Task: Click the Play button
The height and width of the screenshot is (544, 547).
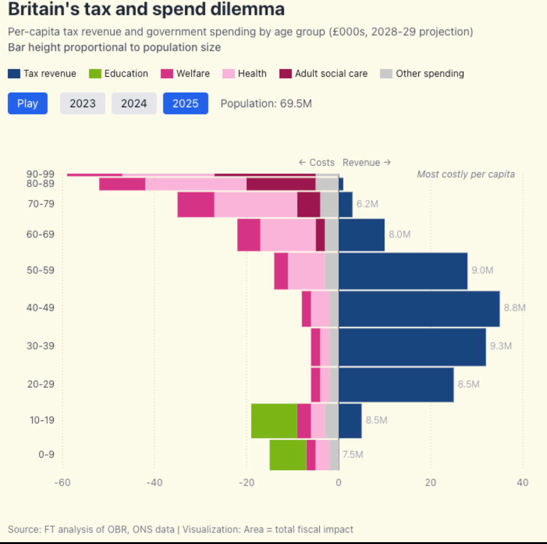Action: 28,103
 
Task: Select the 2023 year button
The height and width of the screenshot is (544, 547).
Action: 82,103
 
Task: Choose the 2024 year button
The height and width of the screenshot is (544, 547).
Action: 134,103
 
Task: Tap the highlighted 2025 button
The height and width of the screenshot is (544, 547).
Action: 185,103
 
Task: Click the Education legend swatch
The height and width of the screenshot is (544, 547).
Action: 95,74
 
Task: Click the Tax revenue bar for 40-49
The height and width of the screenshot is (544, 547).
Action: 419,309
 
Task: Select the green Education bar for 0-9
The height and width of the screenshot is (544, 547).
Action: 288,455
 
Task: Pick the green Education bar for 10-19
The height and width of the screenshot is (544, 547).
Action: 274,421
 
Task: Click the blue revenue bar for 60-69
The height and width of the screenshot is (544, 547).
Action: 361,235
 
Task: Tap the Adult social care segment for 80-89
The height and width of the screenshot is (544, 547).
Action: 281,184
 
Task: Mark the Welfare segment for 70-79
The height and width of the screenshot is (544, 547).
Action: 195,204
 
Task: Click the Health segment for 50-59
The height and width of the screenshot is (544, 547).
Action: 306,271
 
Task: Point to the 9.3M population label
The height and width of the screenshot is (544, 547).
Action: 501,346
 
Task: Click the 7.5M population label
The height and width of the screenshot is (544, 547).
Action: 353,455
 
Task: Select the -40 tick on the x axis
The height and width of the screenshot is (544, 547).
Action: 154,483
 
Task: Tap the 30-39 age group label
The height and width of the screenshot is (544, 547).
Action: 40,346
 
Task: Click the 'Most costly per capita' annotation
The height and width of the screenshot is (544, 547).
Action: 466,174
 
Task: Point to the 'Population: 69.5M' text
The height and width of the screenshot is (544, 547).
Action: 266,103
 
